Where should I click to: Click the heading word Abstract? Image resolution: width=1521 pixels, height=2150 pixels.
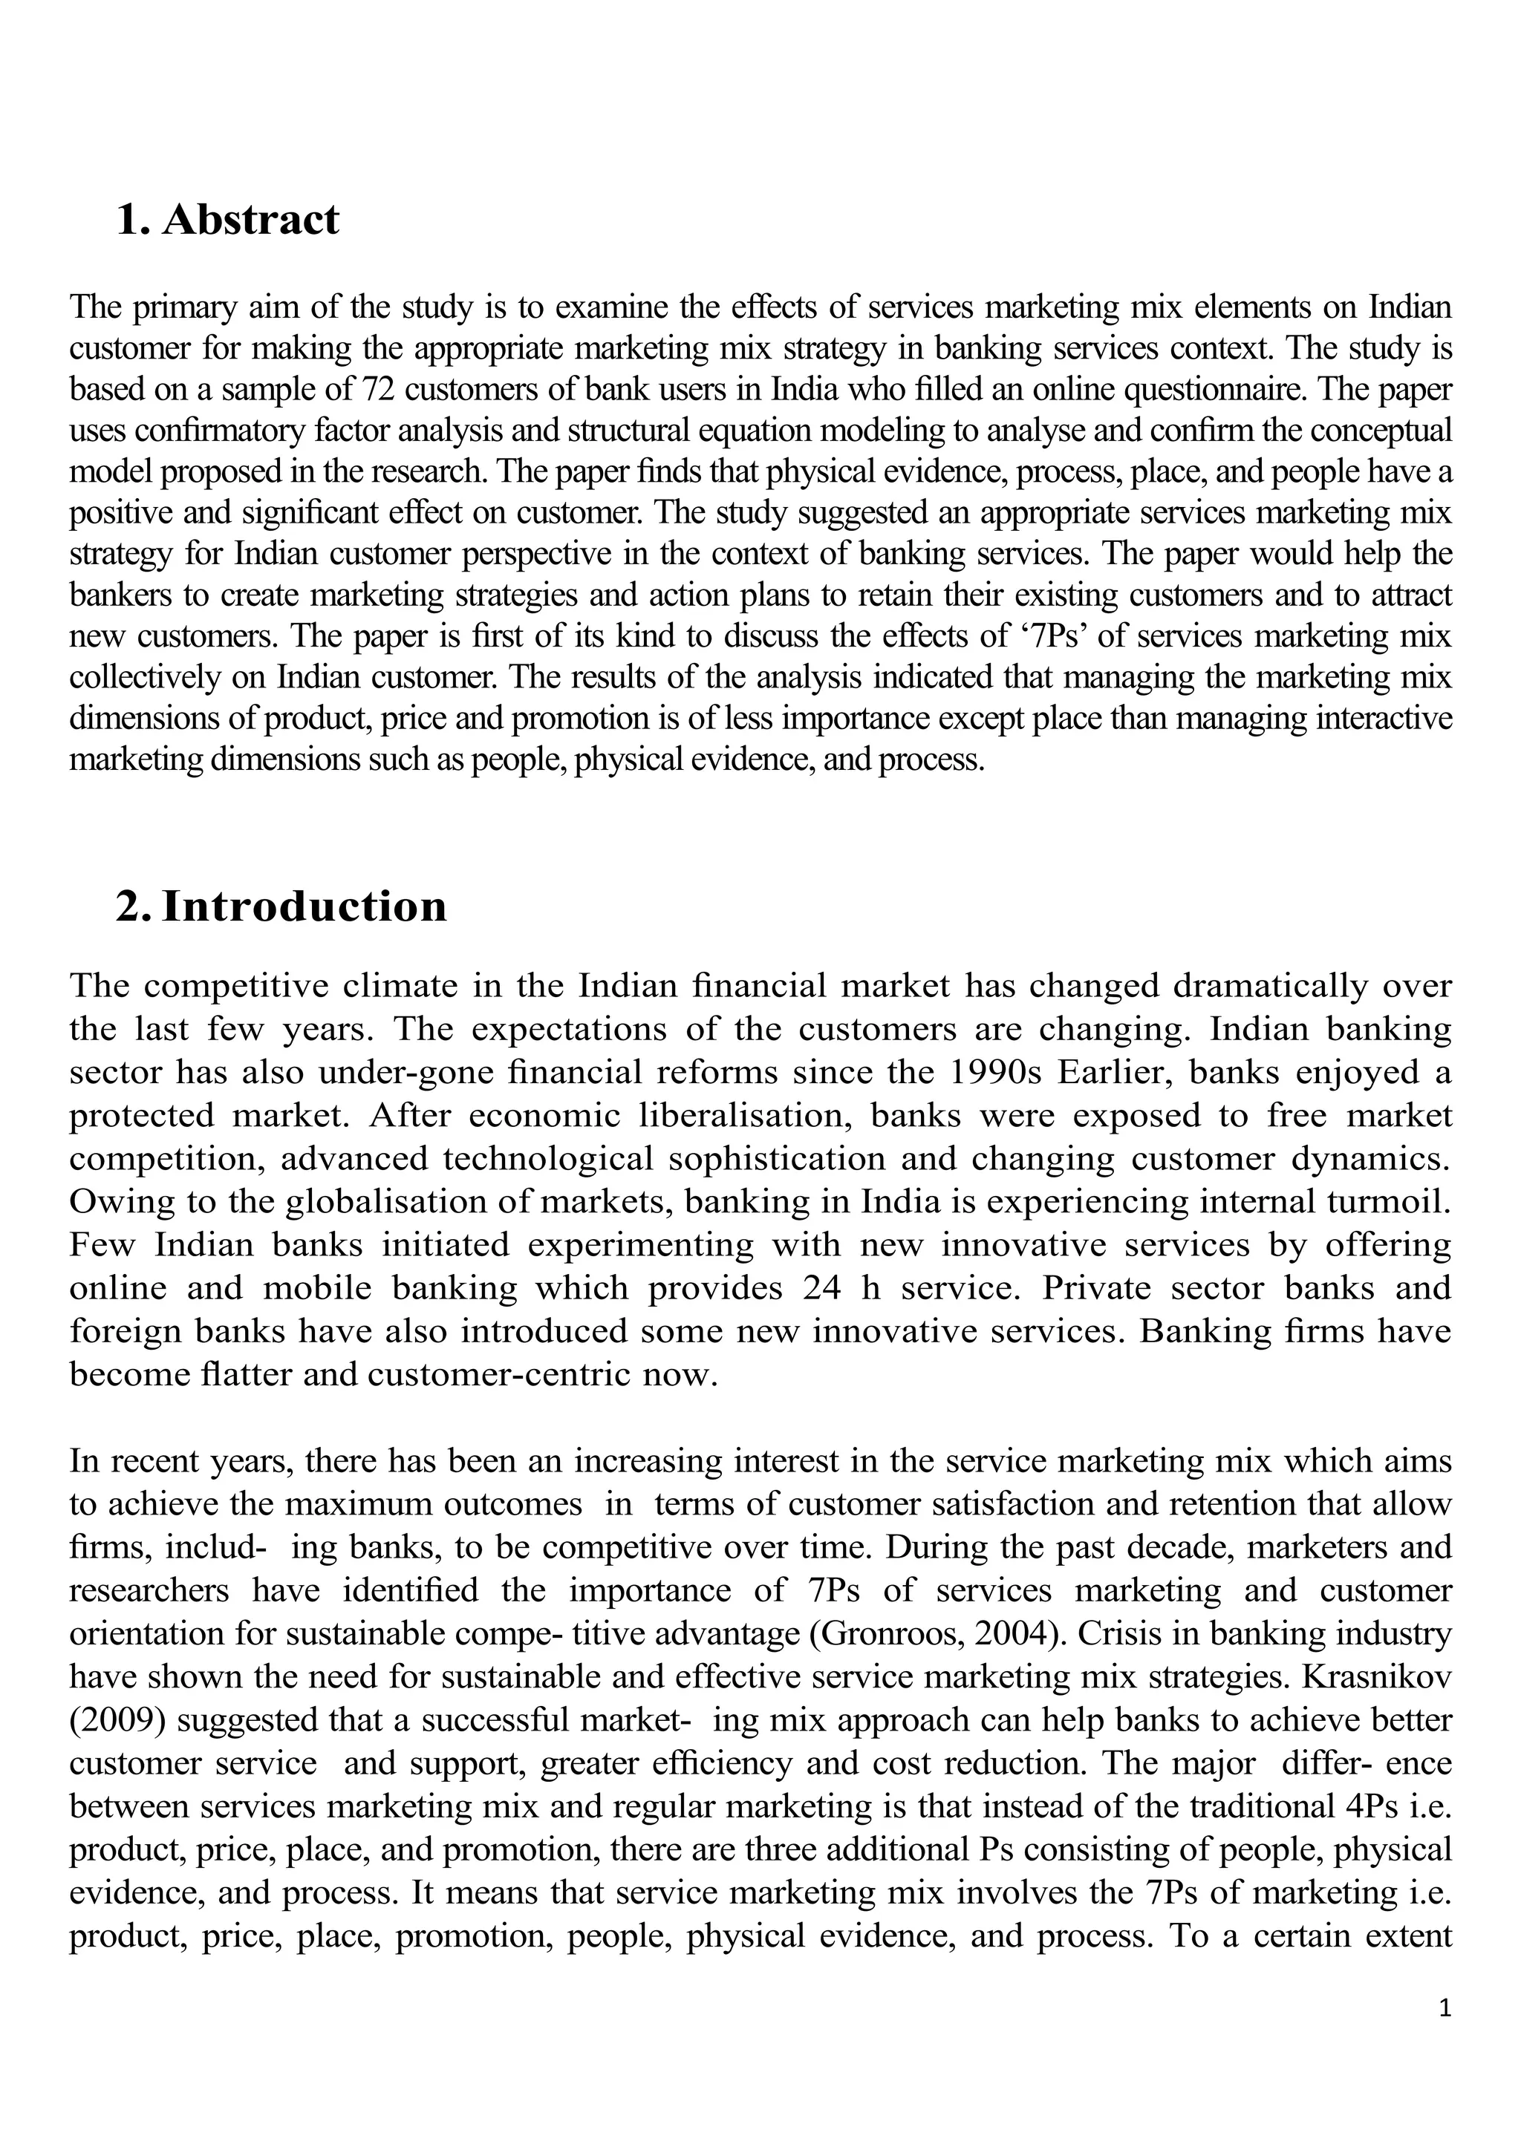click(250, 220)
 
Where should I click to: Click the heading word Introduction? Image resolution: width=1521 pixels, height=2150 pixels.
click(304, 906)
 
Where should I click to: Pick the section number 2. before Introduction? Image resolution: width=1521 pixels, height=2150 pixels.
click(132, 906)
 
